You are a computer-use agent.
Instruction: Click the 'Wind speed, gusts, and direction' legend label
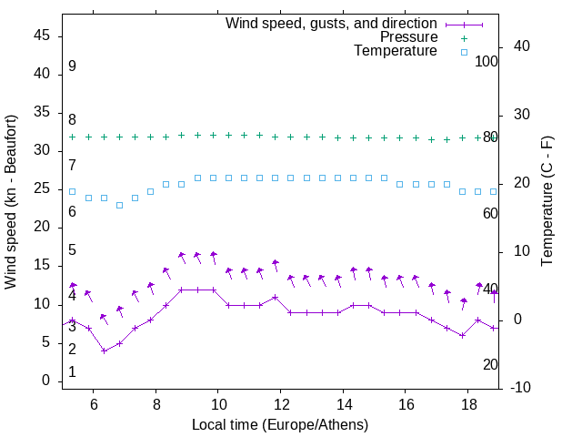click(x=332, y=23)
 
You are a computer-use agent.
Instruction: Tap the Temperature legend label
click(x=396, y=51)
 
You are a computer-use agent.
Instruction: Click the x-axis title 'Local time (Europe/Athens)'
click(x=280, y=425)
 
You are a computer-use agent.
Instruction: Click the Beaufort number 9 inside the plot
click(x=72, y=66)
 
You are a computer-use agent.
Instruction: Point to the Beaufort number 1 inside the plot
click(x=72, y=371)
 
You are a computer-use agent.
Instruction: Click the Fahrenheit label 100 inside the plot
click(x=487, y=61)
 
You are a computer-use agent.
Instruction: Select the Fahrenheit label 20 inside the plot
click(x=490, y=364)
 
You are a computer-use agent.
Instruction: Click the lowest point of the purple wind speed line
click(x=105, y=351)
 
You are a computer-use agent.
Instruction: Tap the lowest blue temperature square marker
click(x=119, y=205)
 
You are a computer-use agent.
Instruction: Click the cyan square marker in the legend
click(x=463, y=52)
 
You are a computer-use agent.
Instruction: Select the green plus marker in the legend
click(x=463, y=38)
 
